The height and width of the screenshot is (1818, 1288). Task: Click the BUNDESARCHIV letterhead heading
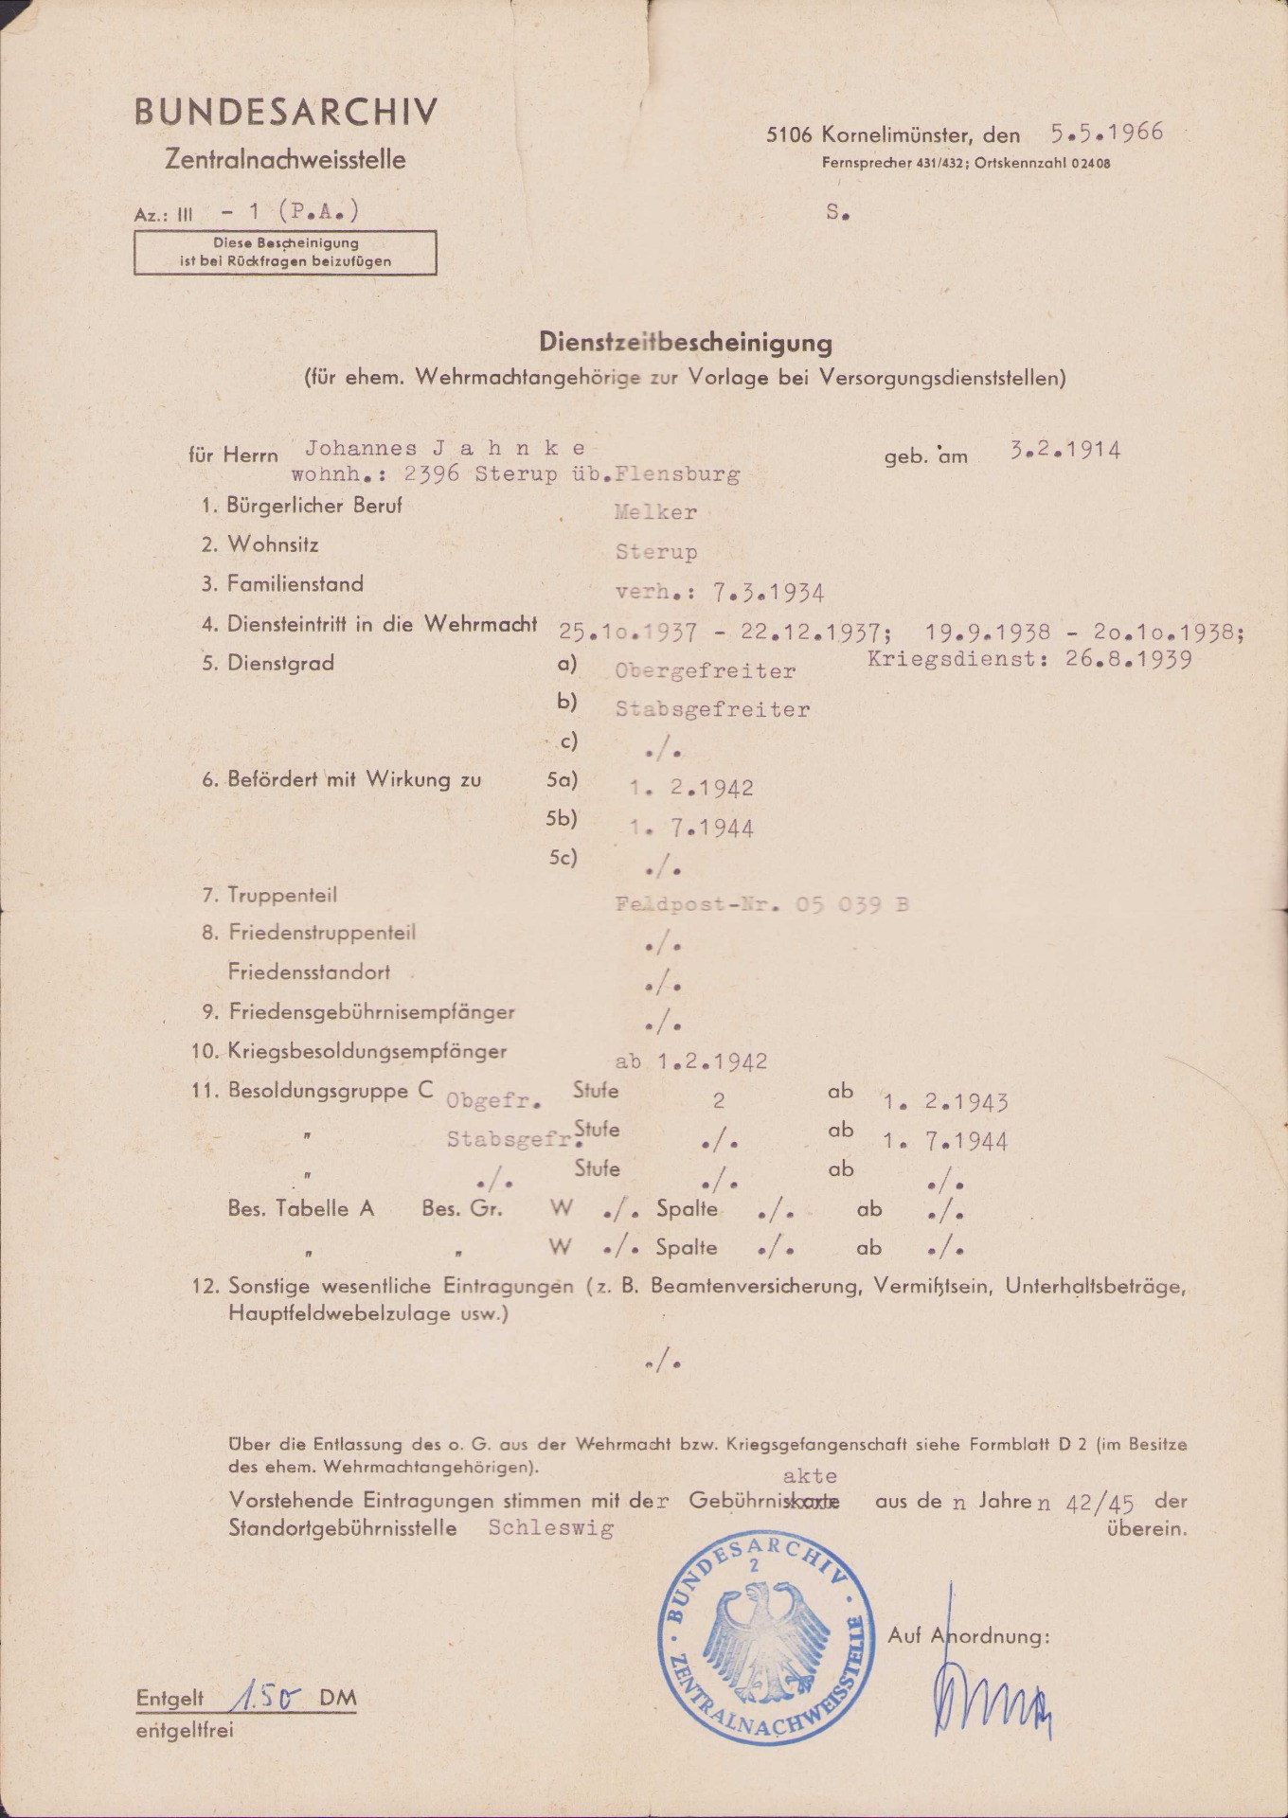(x=286, y=113)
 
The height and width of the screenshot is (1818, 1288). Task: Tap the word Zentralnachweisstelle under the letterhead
(x=285, y=160)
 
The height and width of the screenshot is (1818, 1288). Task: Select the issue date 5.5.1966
(x=1106, y=133)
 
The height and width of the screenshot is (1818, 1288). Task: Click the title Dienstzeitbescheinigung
(x=686, y=342)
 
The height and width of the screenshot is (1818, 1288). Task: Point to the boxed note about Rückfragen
(x=285, y=253)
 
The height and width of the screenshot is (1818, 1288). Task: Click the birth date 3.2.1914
(x=1064, y=450)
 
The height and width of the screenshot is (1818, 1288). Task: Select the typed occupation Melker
(x=655, y=513)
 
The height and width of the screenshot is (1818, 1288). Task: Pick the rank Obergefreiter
(x=705, y=671)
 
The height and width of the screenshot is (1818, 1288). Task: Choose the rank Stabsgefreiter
(x=712, y=710)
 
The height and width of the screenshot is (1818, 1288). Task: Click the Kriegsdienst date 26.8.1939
(x=1128, y=659)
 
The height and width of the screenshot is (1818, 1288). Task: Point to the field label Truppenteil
(x=282, y=895)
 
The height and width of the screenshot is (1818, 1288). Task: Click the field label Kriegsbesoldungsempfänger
(x=367, y=1051)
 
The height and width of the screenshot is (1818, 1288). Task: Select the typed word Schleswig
(x=551, y=1527)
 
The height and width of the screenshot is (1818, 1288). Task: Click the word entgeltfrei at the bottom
(x=185, y=1730)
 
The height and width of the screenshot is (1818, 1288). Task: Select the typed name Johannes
(x=361, y=448)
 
